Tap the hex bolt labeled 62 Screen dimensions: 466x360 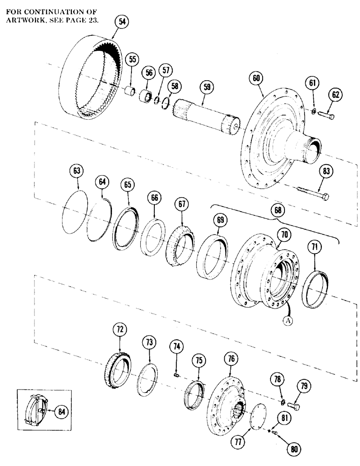pyautogui.click(x=325, y=115)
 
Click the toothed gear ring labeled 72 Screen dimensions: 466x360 pyautogui.click(x=118, y=373)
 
